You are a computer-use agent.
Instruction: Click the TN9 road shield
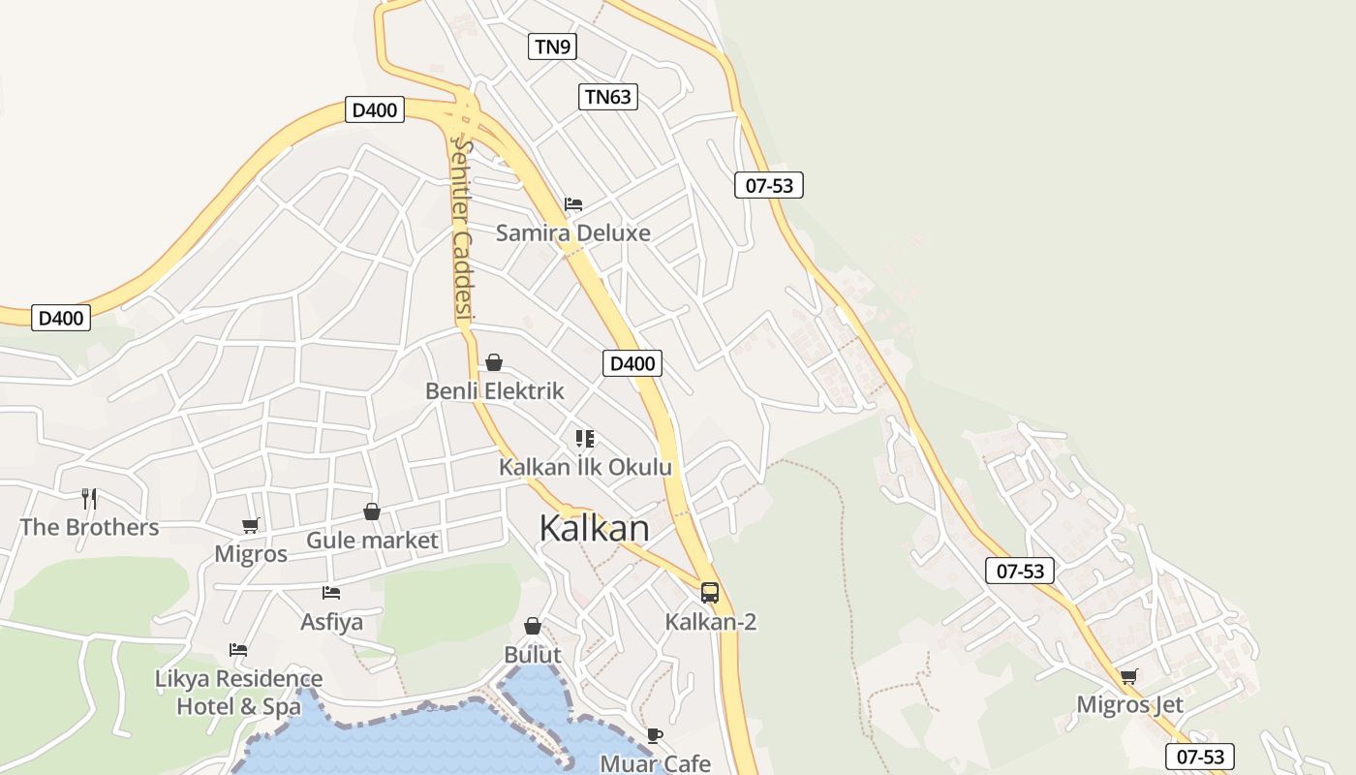(x=552, y=46)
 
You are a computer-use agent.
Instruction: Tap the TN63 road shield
(x=608, y=97)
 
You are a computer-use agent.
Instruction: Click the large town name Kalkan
(x=594, y=529)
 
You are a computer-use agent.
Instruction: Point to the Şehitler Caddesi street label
(x=463, y=229)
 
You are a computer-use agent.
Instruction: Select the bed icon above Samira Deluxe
(x=573, y=204)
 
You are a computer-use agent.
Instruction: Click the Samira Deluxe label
(x=573, y=232)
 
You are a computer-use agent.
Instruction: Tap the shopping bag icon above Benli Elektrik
(x=494, y=362)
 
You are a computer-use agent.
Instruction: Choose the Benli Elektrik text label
(x=494, y=391)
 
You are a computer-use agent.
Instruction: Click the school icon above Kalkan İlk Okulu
(x=584, y=439)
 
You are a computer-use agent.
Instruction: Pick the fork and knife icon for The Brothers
(x=89, y=499)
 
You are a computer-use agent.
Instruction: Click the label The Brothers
(x=89, y=527)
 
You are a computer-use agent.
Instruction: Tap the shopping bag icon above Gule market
(x=372, y=511)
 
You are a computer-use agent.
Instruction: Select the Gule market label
(x=372, y=541)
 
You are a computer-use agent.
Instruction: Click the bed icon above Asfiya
(x=331, y=592)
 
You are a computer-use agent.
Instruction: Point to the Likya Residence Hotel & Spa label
(x=238, y=692)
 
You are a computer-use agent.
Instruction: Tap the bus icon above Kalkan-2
(x=710, y=593)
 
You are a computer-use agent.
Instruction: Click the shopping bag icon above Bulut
(x=532, y=626)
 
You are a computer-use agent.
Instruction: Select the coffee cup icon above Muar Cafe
(x=655, y=736)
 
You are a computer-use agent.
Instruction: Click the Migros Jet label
(x=1129, y=704)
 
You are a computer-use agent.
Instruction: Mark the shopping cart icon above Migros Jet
(x=1128, y=676)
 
